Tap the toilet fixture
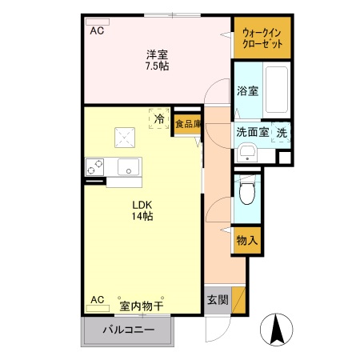coord(247,190)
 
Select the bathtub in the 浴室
coord(277,90)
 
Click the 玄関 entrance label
coord(218,301)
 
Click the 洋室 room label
coord(157,55)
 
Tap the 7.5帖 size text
coord(157,67)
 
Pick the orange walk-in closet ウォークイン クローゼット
coord(262,38)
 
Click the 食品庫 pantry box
coord(188,124)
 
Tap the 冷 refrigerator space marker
coord(159,119)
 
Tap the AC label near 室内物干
coord(97,300)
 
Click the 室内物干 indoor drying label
coord(142,305)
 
